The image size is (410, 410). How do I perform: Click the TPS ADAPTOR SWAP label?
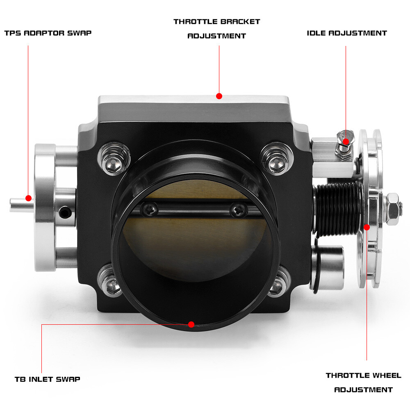[x=48, y=33]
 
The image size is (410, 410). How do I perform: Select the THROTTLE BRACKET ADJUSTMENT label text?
[x=216, y=29]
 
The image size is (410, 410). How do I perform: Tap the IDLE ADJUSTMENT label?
[x=346, y=33]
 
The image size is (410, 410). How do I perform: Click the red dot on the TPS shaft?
[x=28, y=198]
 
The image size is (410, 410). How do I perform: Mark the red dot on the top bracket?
[x=219, y=96]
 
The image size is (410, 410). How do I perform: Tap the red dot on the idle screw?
[x=346, y=141]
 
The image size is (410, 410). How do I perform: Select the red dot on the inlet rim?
[x=191, y=324]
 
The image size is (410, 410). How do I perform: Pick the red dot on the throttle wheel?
[x=367, y=227]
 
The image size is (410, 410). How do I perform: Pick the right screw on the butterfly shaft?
[x=238, y=211]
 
